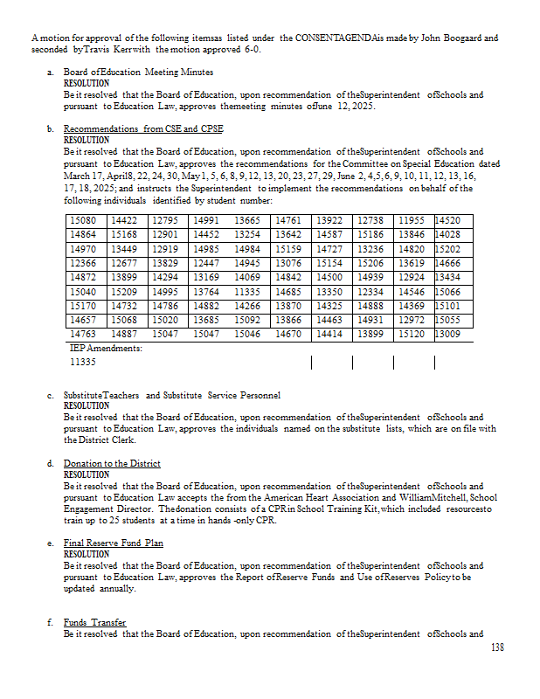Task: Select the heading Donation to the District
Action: pos(112,463)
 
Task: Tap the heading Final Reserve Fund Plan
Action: pos(113,543)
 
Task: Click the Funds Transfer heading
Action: pos(94,622)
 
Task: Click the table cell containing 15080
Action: pos(82,221)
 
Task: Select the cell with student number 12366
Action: pos(82,263)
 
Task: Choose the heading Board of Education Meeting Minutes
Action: pos(138,72)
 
